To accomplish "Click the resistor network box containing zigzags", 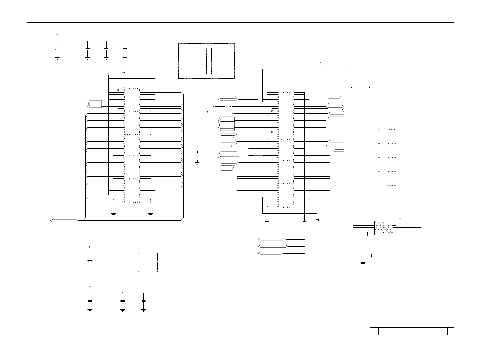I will [x=384, y=228].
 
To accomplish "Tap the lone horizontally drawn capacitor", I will [x=371, y=256].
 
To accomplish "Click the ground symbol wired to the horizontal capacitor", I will [x=363, y=263].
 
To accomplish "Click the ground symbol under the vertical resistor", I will [x=197, y=162].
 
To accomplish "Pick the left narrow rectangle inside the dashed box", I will [x=209, y=61].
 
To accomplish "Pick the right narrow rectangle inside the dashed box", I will [x=225, y=61].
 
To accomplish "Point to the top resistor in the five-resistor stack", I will [x=392, y=130].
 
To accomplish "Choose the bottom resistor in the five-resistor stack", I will [x=392, y=186].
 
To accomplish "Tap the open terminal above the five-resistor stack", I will [x=379, y=121].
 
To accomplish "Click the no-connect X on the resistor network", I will [x=395, y=225].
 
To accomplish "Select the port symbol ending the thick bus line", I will [x=64, y=221].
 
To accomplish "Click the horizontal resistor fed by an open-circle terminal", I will [x=228, y=106].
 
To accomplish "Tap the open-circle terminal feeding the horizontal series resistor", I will [x=214, y=106].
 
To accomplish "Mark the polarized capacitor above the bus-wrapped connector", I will [x=57, y=49].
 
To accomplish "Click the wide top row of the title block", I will [x=412, y=317].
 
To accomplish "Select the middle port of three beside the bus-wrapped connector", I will [x=95, y=104].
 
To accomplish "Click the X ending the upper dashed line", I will [x=272, y=132].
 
